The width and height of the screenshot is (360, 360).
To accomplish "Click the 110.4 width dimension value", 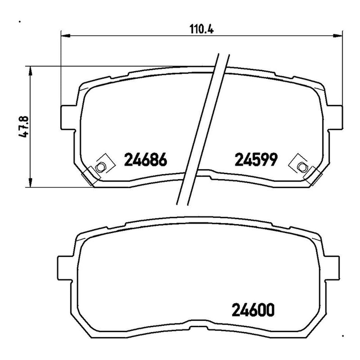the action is [201, 29].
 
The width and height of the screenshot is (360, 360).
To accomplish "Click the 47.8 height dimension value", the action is [24, 127].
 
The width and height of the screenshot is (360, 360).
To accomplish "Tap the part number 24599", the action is [256, 160].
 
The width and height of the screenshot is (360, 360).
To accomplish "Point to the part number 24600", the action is [253, 310].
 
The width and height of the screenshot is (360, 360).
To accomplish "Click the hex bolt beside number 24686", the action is [100, 167].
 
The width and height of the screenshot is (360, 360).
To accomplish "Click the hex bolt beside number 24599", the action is [301, 167].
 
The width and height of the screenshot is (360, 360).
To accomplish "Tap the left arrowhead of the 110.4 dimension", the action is [66, 36].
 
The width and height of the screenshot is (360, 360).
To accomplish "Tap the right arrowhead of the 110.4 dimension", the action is [338, 36].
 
